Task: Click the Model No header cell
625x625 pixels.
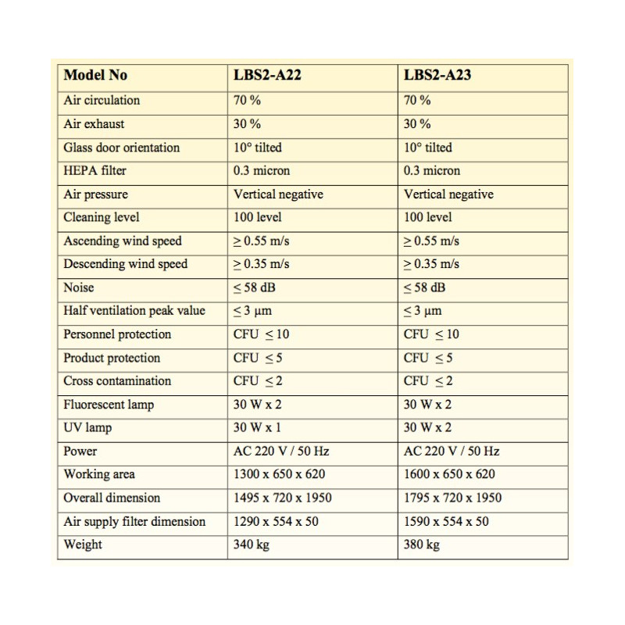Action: tap(95, 76)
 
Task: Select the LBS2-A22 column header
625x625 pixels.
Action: tap(267, 76)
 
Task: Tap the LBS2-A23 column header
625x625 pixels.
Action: tap(437, 76)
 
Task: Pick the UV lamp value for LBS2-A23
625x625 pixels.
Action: tap(427, 427)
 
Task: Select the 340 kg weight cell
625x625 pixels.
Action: tap(252, 545)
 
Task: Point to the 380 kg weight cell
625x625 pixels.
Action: tap(422, 545)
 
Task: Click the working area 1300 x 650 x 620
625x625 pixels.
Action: tap(279, 474)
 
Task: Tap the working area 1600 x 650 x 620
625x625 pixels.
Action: tap(449, 474)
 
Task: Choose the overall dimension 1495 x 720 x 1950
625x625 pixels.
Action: tap(282, 498)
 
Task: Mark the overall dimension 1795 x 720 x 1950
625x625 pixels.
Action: tap(452, 498)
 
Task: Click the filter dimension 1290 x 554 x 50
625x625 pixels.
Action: tap(276, 521)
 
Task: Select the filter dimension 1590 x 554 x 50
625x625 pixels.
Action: tap(446, 521)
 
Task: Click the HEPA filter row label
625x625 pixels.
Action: tap(95, 170)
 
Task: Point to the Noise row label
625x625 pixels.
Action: tap(79, 287)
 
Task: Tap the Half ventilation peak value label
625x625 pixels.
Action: tap(134, 311)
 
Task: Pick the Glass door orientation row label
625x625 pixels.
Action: tap(121, 147)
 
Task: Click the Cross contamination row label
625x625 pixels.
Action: tap(117, 381)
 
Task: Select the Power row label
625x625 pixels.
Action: tap(80, 451)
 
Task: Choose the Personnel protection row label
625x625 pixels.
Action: tap(117, 334)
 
